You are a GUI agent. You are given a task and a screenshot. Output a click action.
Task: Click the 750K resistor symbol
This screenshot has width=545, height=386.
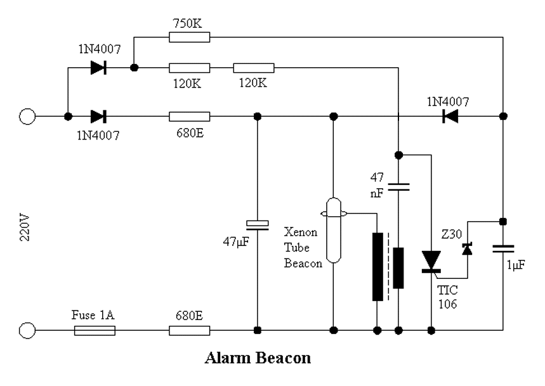(x=190, y=37)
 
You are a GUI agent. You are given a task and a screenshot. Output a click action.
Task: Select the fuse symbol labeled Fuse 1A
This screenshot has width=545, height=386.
(x=95, y=330)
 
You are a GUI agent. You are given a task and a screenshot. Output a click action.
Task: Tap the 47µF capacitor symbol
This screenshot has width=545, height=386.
(x=257, y=225)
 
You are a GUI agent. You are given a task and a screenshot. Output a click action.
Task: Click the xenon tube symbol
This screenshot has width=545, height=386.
(x=334, y=230)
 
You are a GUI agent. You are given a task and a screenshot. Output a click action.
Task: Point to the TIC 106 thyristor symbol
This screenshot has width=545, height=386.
(x=431, y=261)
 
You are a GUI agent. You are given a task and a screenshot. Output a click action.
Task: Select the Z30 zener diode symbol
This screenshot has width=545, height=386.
(x=467, y=249)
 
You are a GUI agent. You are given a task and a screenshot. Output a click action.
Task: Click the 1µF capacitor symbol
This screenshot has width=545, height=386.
(x=503, y=248)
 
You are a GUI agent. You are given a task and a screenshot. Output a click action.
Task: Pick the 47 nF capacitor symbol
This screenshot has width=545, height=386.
(x=398, y=187)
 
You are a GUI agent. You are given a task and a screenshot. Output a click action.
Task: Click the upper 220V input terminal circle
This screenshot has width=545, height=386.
(x=27, y=116)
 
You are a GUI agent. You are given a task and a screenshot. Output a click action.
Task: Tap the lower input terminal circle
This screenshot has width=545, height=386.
(x=27, y=330)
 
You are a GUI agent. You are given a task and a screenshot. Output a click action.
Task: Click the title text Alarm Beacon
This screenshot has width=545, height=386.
(x=258, y=358)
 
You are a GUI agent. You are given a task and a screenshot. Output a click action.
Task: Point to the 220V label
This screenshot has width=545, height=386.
(x=25, y=228)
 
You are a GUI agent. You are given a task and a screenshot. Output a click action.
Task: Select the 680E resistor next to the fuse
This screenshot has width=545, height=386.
(x=190, y=330)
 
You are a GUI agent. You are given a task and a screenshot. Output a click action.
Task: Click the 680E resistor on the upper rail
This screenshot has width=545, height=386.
(x=190, y=116)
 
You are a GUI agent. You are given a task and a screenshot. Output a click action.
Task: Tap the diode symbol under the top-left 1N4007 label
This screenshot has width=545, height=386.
(x=98, y=67)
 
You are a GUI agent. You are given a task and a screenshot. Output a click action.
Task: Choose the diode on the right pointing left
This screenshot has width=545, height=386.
(x=450, y=116)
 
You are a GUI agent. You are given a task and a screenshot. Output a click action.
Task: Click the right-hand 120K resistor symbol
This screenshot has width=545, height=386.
(x=254, y=68)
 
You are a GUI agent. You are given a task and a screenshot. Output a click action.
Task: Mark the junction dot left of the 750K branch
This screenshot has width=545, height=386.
(x=134, y=67)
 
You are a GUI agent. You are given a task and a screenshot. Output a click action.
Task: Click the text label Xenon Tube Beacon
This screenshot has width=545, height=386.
(x=303, y=247)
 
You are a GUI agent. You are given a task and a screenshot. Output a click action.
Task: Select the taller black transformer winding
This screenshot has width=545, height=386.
(x=378, y=267)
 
